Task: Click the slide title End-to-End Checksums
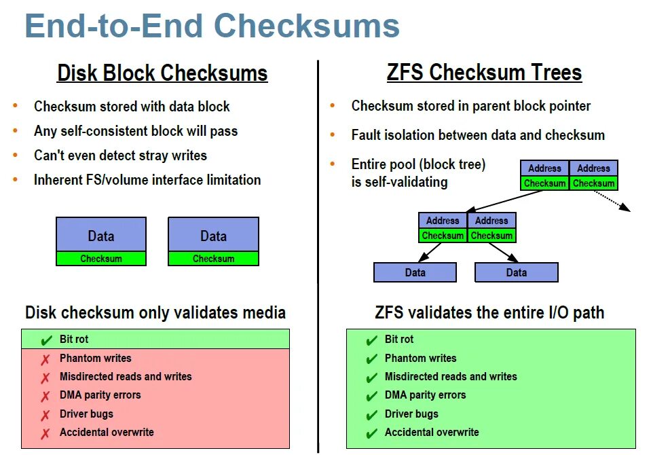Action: (x=212, y=26)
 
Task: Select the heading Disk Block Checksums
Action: (x=162, y=73)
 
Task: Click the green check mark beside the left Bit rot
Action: (x=46, y=340)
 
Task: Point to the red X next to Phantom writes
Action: (x=45, y=359)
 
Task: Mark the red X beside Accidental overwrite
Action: (x=45, y=433)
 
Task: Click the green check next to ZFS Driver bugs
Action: (x=371, y=415)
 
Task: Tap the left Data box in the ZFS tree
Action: (x=415, y=272)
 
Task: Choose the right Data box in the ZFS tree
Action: (x=516, y=272)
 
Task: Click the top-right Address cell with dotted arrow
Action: (x=593, y=168)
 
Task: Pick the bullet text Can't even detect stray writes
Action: (x=120, y=156)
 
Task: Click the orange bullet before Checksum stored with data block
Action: (x=15, y=106)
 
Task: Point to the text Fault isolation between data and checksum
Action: (x=478, y=135)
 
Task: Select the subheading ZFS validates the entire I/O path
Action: (x=489, y=313)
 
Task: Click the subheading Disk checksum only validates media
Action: (x=155, y=313)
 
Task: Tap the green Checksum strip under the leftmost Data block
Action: (x=101, y=259)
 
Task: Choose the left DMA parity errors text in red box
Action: (x=100, y=395)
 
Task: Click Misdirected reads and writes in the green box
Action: (x=450, y=377)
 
